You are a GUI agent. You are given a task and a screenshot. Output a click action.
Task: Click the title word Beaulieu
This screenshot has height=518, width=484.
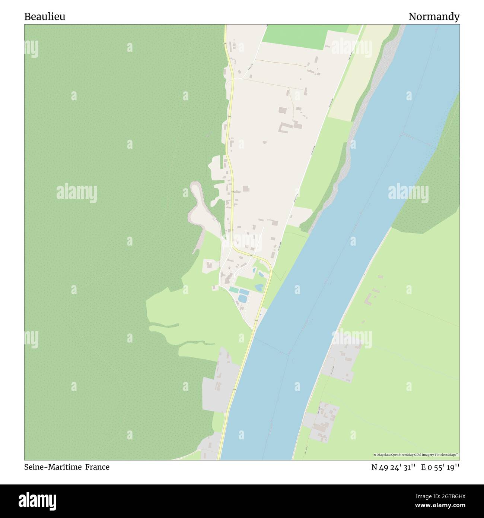click(x=45, y=17)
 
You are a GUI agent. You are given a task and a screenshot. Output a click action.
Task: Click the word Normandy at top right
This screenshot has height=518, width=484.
click(x=434, y=17)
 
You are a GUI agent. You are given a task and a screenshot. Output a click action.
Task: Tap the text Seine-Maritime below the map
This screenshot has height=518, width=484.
click(x=52, y=467)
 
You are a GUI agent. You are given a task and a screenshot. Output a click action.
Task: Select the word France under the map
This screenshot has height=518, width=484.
click(x=97, y=467)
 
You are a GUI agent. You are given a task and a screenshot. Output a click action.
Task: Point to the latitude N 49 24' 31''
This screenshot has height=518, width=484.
click(x=393, y=467)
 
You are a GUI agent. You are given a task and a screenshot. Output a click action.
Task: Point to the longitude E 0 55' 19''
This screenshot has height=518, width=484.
click(x=440, y=467)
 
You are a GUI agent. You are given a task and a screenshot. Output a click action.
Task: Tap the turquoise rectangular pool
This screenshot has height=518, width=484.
click(x=234, y=290)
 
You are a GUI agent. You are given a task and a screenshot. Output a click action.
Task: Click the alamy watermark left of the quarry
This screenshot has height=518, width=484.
click(x=77, y=193)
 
